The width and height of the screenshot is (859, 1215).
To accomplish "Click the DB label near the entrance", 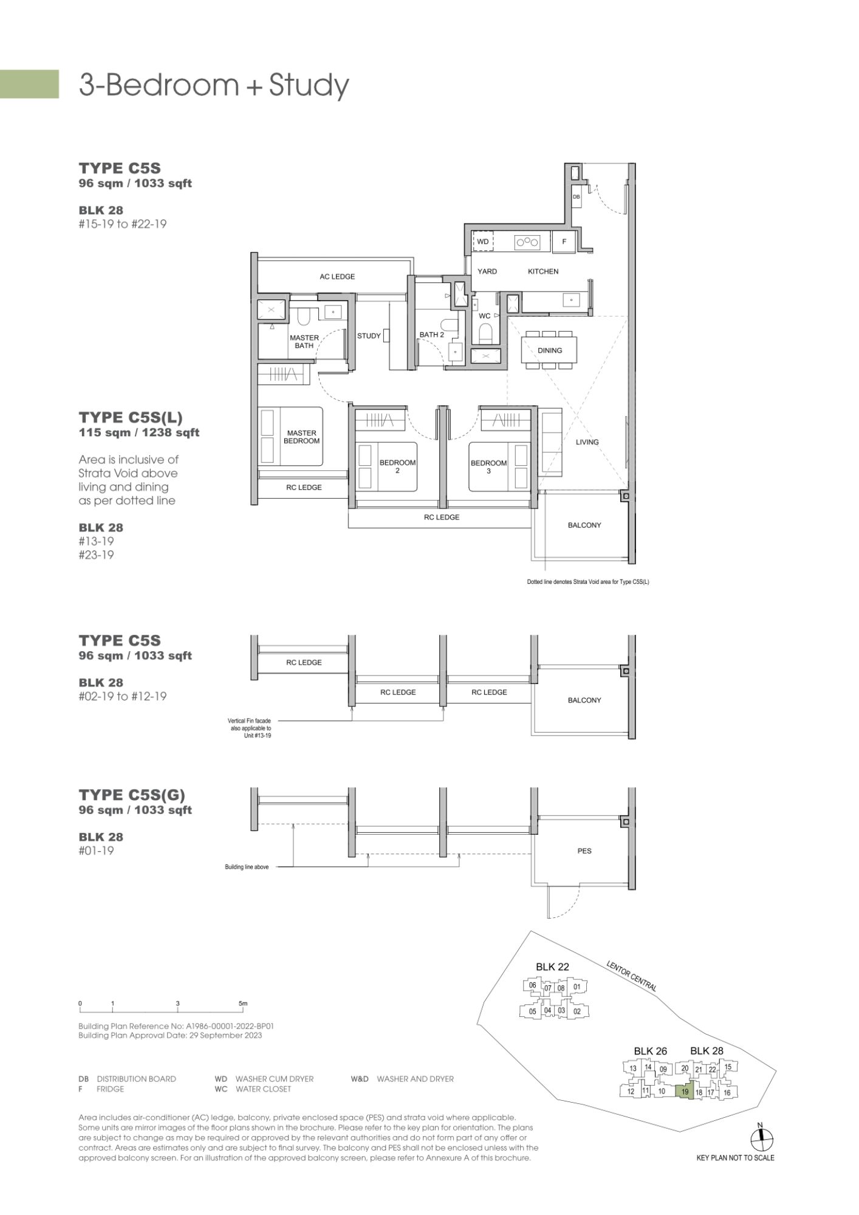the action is coord(576,197).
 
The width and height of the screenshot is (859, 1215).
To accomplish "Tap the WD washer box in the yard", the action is coord(484,242).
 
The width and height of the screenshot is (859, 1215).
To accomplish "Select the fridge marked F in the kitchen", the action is coord(564,242).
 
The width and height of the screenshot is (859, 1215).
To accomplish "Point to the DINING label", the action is coord(550,351).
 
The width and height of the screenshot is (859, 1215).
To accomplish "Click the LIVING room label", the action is coord(587,442).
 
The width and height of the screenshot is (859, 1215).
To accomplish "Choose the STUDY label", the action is coord(369,336).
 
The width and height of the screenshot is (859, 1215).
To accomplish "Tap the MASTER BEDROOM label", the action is coord(302,437).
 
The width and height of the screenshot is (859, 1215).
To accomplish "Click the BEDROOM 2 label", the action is coord(397,466).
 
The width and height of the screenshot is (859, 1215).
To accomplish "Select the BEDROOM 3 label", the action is coord(488,467).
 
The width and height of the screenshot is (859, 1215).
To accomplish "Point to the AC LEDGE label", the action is coord(337,277).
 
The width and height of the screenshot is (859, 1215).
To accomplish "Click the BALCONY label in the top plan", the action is coord(584,525).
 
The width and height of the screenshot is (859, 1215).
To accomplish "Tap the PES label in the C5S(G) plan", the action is coord(584,851).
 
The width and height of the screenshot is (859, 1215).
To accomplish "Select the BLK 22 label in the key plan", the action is coord(552,967).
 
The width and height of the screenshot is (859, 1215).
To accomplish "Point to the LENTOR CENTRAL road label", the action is coord(631,976).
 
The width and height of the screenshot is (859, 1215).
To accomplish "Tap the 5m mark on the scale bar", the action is coord(243,1004).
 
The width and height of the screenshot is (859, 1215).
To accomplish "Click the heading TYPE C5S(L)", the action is coord(131,417).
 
